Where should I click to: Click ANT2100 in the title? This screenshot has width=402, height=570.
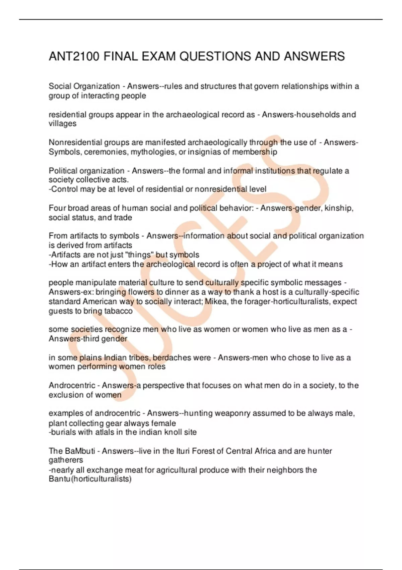pyautogui.click(x=74, y=56)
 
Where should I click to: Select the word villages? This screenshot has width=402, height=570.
pyautogui.click(x=63, y=124)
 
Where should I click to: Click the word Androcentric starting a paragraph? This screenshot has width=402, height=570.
pyautogui.click(x=72, y=386)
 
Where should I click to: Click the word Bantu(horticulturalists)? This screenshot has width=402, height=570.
pyautogui.click(x=90, y=479)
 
